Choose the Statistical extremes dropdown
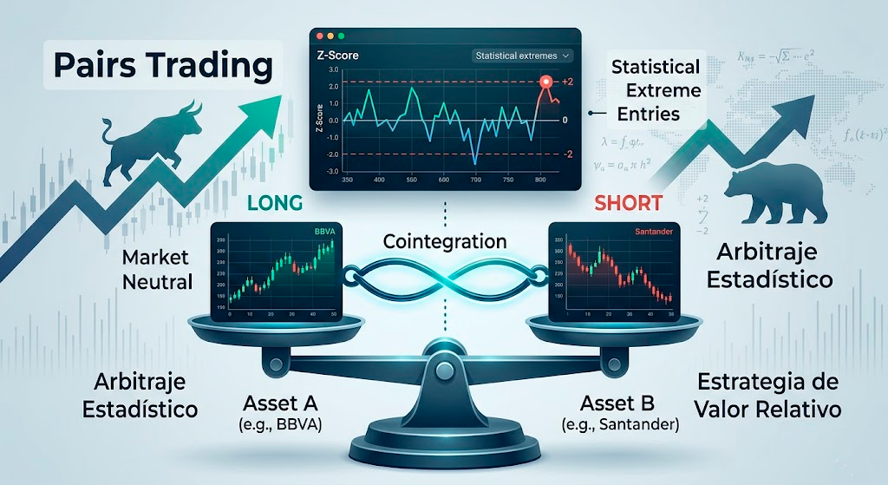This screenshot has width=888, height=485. tap(524, 56)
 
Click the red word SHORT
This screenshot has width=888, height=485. tap(630, 205)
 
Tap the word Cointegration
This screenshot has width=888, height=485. tap(444, 241)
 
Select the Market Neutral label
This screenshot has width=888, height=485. tap(156, 269)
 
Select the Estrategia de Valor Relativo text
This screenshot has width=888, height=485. tap(768, 395)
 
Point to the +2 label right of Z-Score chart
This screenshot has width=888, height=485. tap(568, 82)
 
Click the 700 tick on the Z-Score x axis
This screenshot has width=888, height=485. tap(475, 180)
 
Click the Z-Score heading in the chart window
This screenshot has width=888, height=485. tap(340, 56)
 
